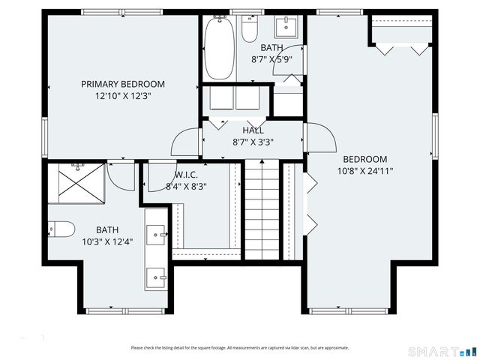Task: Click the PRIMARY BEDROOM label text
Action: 123,84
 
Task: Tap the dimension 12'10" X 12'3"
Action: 123,96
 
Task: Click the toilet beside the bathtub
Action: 250,28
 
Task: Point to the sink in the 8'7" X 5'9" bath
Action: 285,27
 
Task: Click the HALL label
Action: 253,130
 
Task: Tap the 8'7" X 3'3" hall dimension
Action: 253,141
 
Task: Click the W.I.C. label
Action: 186,175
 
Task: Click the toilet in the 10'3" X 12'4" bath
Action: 61,229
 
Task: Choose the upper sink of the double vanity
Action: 157,234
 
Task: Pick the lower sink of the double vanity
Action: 157,277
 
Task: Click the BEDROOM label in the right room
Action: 365,159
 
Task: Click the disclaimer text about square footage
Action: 239,347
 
